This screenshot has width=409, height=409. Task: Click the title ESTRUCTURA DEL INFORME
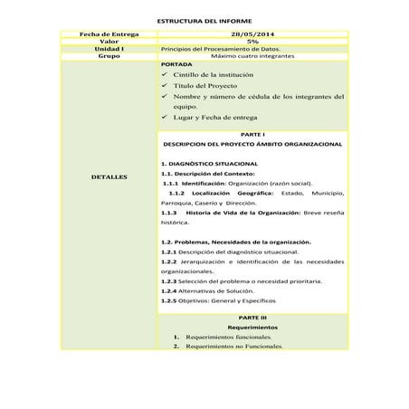[x=204, y=19]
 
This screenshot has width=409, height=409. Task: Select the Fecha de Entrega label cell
[x=109, y=33]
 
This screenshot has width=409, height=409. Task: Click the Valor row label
[x=109, y=41]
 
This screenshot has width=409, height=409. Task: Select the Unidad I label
[x=109, y=48]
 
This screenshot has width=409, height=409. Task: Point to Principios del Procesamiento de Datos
[x=214, y=48]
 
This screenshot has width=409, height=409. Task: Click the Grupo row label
[x=109, y=55]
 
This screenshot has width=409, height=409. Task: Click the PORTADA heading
[x=176, y=66]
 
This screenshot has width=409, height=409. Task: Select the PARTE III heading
[x=252, y=319]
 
